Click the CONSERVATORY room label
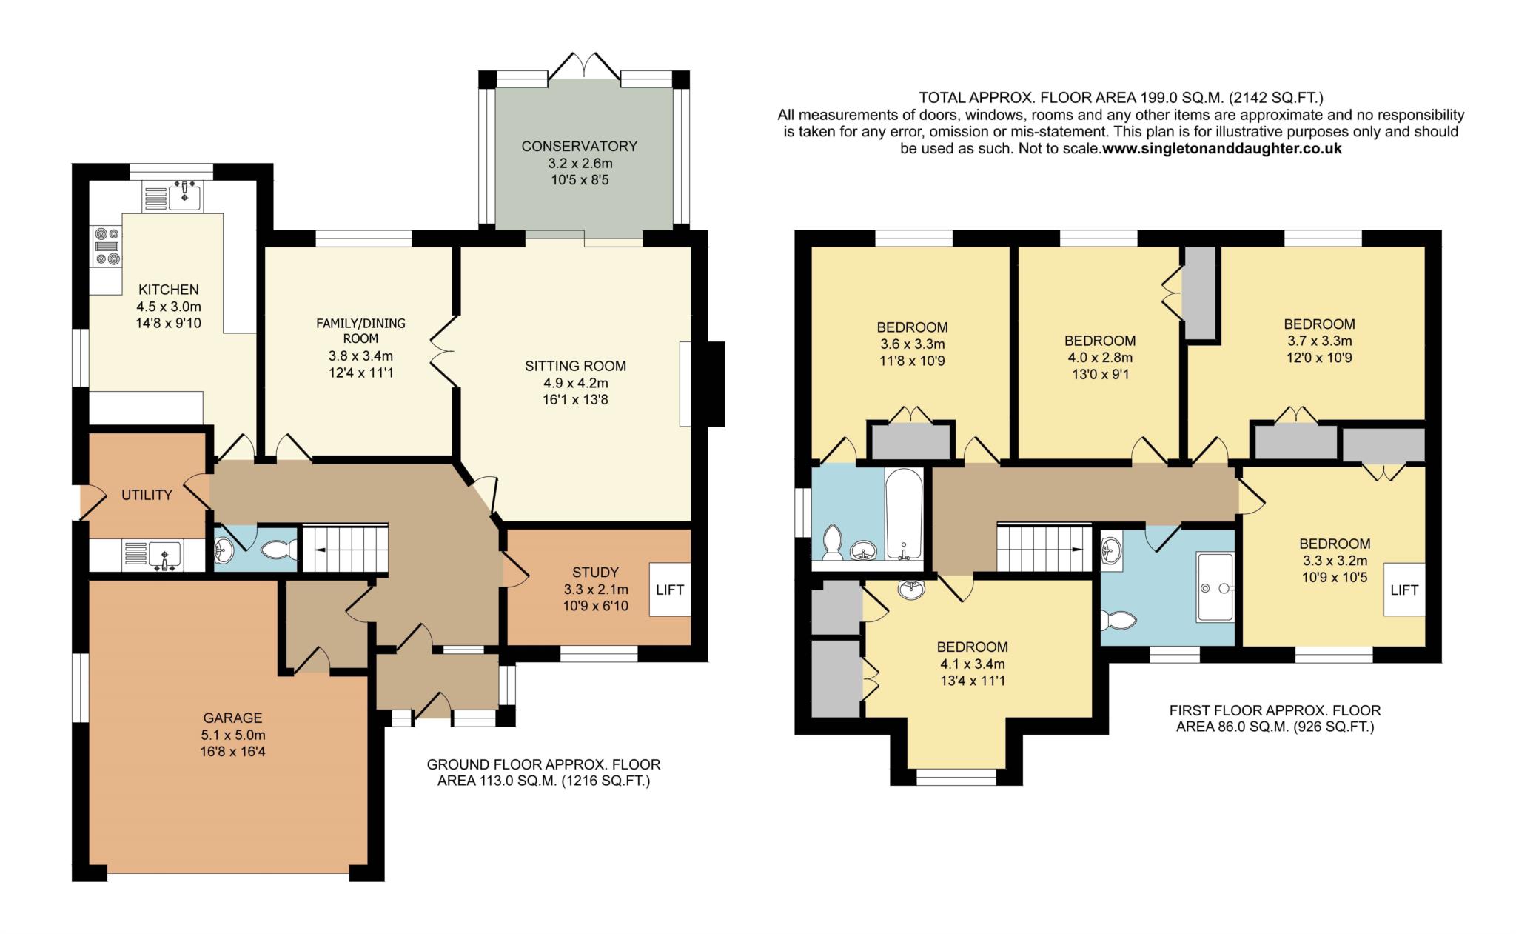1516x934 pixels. click(579, 146)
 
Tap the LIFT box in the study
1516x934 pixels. click(671, 590)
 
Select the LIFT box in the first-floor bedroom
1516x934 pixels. click(1404, 590)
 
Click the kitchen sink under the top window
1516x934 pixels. click(184, 196)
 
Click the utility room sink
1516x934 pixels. click(164, 556)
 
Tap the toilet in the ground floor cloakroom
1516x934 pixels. click(281, 549)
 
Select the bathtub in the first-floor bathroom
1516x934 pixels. click(904, 515)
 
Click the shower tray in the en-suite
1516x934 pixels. click(1215, 587)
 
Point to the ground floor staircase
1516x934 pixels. click(346, 549)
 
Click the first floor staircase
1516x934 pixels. click(1044, 547)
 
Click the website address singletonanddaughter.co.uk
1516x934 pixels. click(1222, 148)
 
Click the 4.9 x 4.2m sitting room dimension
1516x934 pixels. click(576, 383)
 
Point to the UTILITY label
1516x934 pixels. click(147, 495)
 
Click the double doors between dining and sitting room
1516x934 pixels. click(443, 351)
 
